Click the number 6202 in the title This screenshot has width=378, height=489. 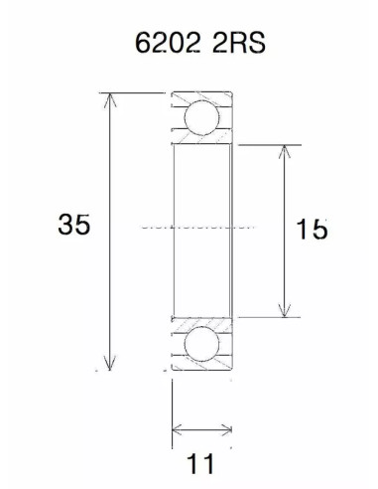(x=164, y=46)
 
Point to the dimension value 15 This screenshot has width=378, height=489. (x=312, y=230)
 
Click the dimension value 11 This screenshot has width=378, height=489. (x=202, y=463)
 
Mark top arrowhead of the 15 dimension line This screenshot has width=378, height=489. (x=286, y=149)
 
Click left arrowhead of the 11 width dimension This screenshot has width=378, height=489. (x=177, y=430)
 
